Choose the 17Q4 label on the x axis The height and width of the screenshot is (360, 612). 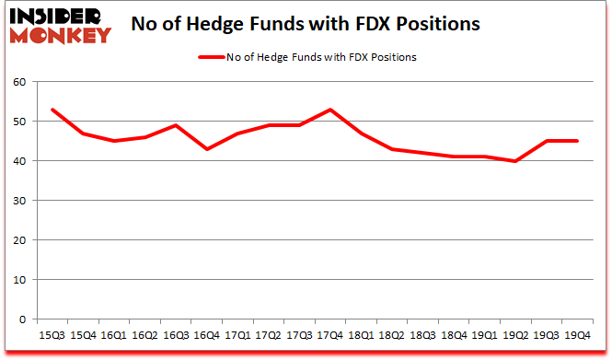point(331,336)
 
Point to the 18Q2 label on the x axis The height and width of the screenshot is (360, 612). point(393,336)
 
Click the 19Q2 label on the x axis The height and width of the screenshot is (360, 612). point(515,336)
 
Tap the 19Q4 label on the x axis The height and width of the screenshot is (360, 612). point(578,336)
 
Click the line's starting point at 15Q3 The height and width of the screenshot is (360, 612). point(52,110)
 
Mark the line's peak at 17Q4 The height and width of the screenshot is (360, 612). point(330,110)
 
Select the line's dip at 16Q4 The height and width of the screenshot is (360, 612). point(207,149)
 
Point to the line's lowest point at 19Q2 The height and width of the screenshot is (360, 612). point(515,161)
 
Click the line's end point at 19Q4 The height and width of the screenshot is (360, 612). point(578,141)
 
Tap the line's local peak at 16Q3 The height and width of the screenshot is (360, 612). point(176,125)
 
